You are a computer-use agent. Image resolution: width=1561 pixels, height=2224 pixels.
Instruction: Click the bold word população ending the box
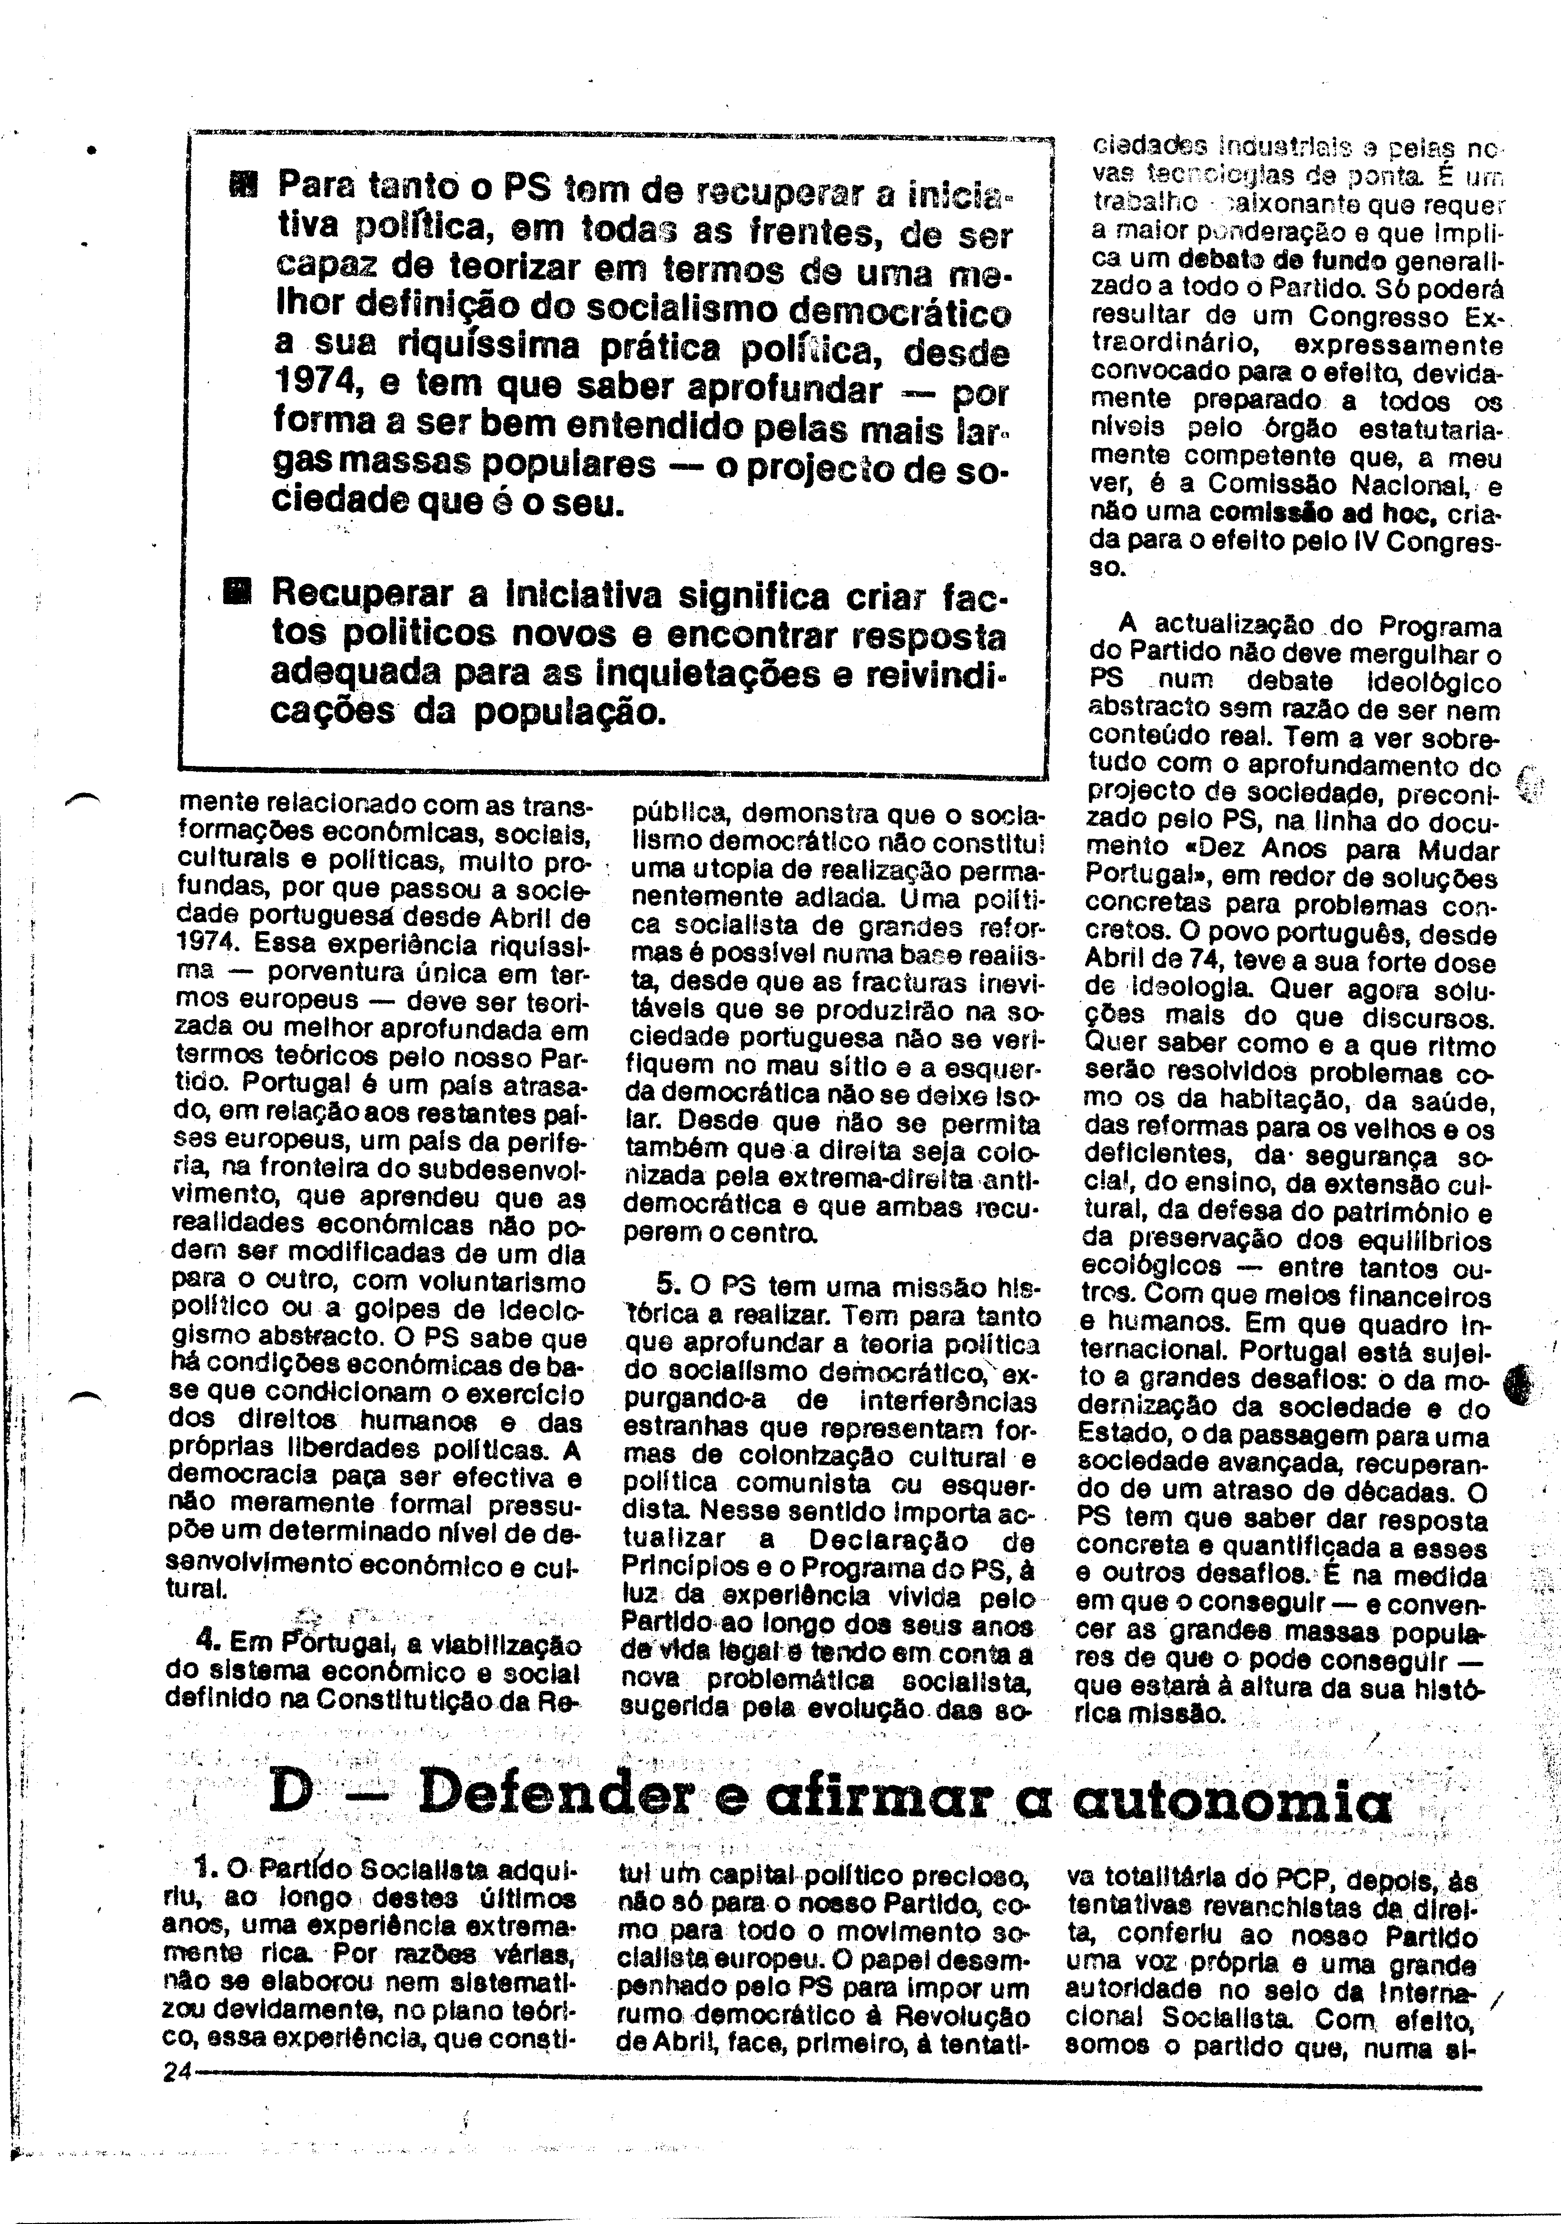(565, 713)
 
